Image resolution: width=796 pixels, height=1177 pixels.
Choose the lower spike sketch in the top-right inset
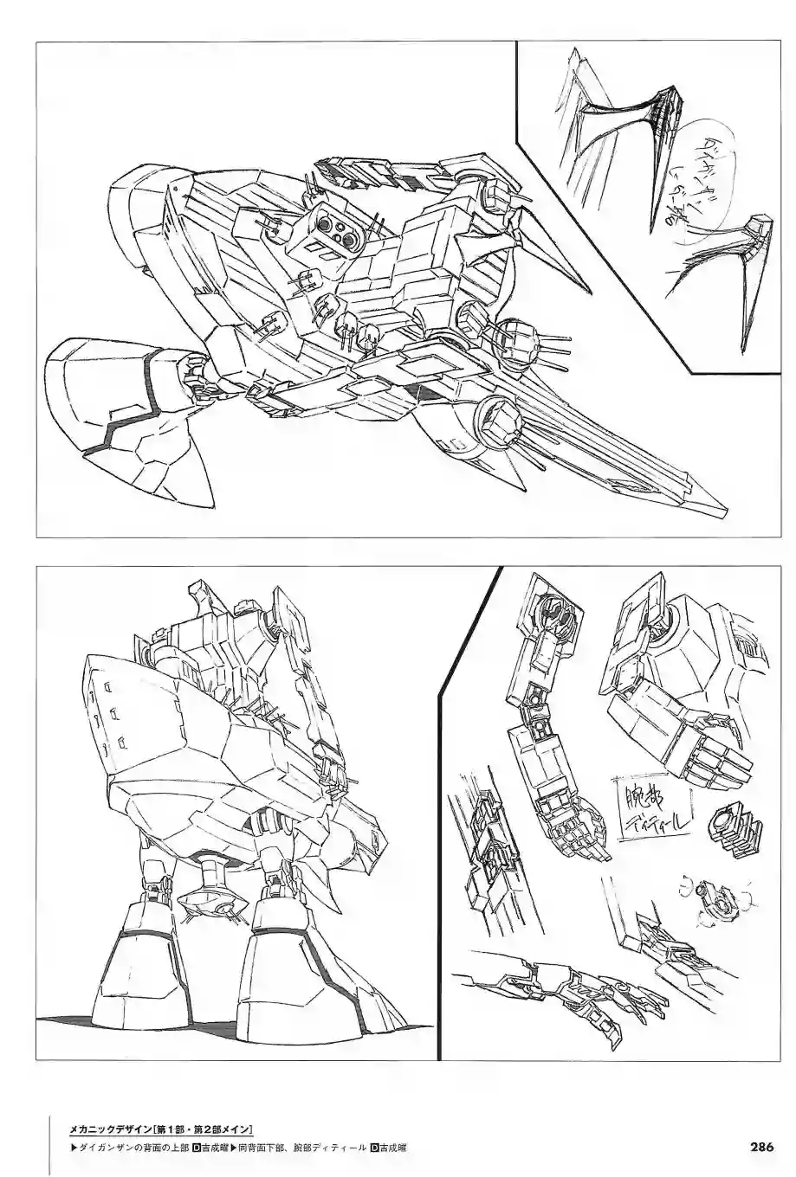pyautogui.click(x=728, y=268)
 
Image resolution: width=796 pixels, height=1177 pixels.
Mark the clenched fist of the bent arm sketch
pyautogui.click(x=710, y=753)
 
